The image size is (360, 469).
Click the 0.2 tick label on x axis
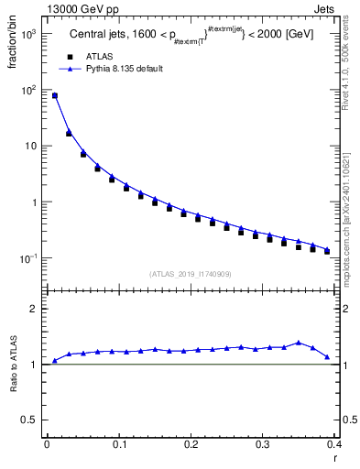pos(191,444)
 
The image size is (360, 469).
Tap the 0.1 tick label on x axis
pos(118,444)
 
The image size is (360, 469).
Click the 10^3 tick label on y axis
pos(29,34)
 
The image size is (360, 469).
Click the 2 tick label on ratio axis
pos(34,309)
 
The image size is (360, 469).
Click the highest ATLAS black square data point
pos(54,95)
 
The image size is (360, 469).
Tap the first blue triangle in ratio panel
pos(54,361)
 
